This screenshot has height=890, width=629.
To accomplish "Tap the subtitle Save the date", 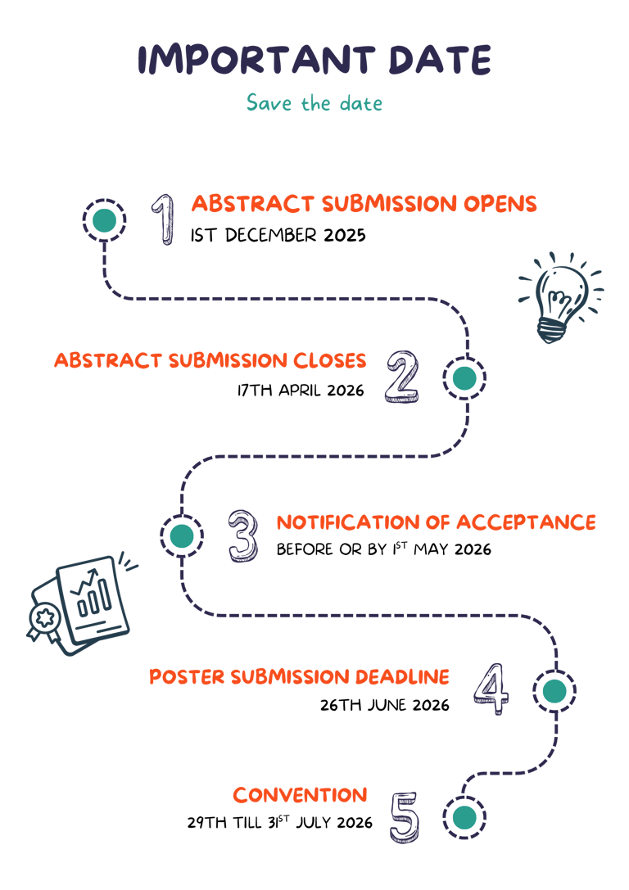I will coord(314,104).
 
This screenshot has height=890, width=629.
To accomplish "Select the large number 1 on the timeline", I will coord(165,219).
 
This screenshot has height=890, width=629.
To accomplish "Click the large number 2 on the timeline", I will coord(401,377).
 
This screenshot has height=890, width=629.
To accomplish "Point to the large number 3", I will coord(243,535).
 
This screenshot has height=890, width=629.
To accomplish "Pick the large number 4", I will coord(491,689).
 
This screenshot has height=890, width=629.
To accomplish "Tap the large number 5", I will coord(405,817).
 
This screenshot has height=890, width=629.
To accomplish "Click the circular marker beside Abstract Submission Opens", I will coord(104,219).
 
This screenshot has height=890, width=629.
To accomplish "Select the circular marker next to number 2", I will coord(464,377).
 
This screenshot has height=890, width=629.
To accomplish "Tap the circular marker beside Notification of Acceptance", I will coord(182,535).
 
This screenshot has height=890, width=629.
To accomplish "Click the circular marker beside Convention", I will coord(464,817).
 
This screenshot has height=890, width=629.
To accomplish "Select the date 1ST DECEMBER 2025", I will coord(278,236).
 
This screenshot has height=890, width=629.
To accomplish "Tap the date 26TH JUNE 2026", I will coord(385,704).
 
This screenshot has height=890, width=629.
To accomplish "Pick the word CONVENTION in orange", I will coord(300,795).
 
